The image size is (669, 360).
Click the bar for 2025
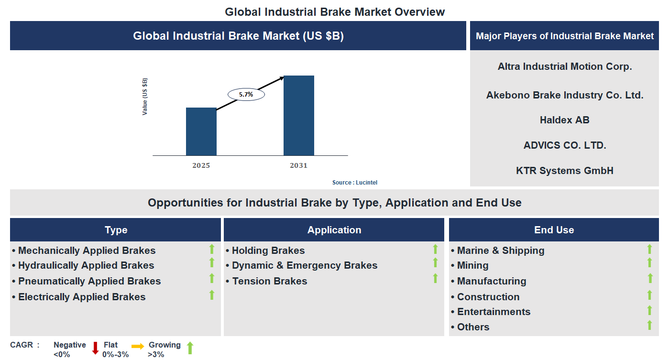point(201,131)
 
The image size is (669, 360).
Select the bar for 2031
point(298,115)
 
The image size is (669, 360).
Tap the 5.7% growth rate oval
point(246,95)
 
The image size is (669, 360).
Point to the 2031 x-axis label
point(298,165)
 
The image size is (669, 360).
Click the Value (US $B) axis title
point(145,96)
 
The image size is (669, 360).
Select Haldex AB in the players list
point(564,120)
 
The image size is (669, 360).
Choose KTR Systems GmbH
point(564,171)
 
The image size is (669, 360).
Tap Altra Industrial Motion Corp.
point(564,66)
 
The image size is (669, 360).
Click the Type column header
point(116,230)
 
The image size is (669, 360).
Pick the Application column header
point(334,230)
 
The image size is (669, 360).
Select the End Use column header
point(554,230)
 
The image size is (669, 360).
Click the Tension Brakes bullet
point(269,281)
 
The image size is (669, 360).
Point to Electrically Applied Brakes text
point(81,297)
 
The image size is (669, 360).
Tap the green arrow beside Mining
point(649,262)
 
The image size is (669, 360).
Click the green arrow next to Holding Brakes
point(435,249)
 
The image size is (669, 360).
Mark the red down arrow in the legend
point(95,348)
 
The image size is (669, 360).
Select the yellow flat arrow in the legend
point(138,346)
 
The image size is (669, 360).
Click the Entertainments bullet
point(493,312)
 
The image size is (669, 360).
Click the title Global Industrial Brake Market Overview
point(335,11)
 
